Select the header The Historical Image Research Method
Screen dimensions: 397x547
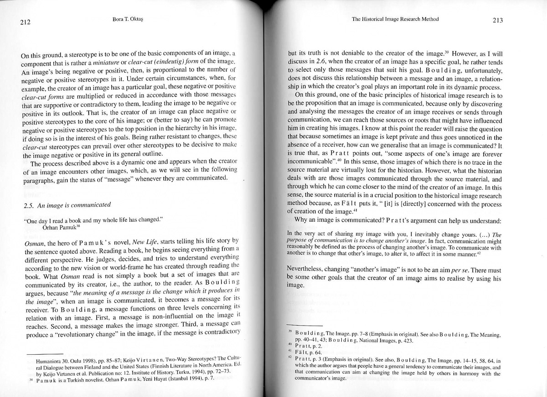click(x=395, y=19)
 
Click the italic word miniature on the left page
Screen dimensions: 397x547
click(x=109, y=64)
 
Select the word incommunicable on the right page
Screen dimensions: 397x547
click(x=313, y=162)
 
